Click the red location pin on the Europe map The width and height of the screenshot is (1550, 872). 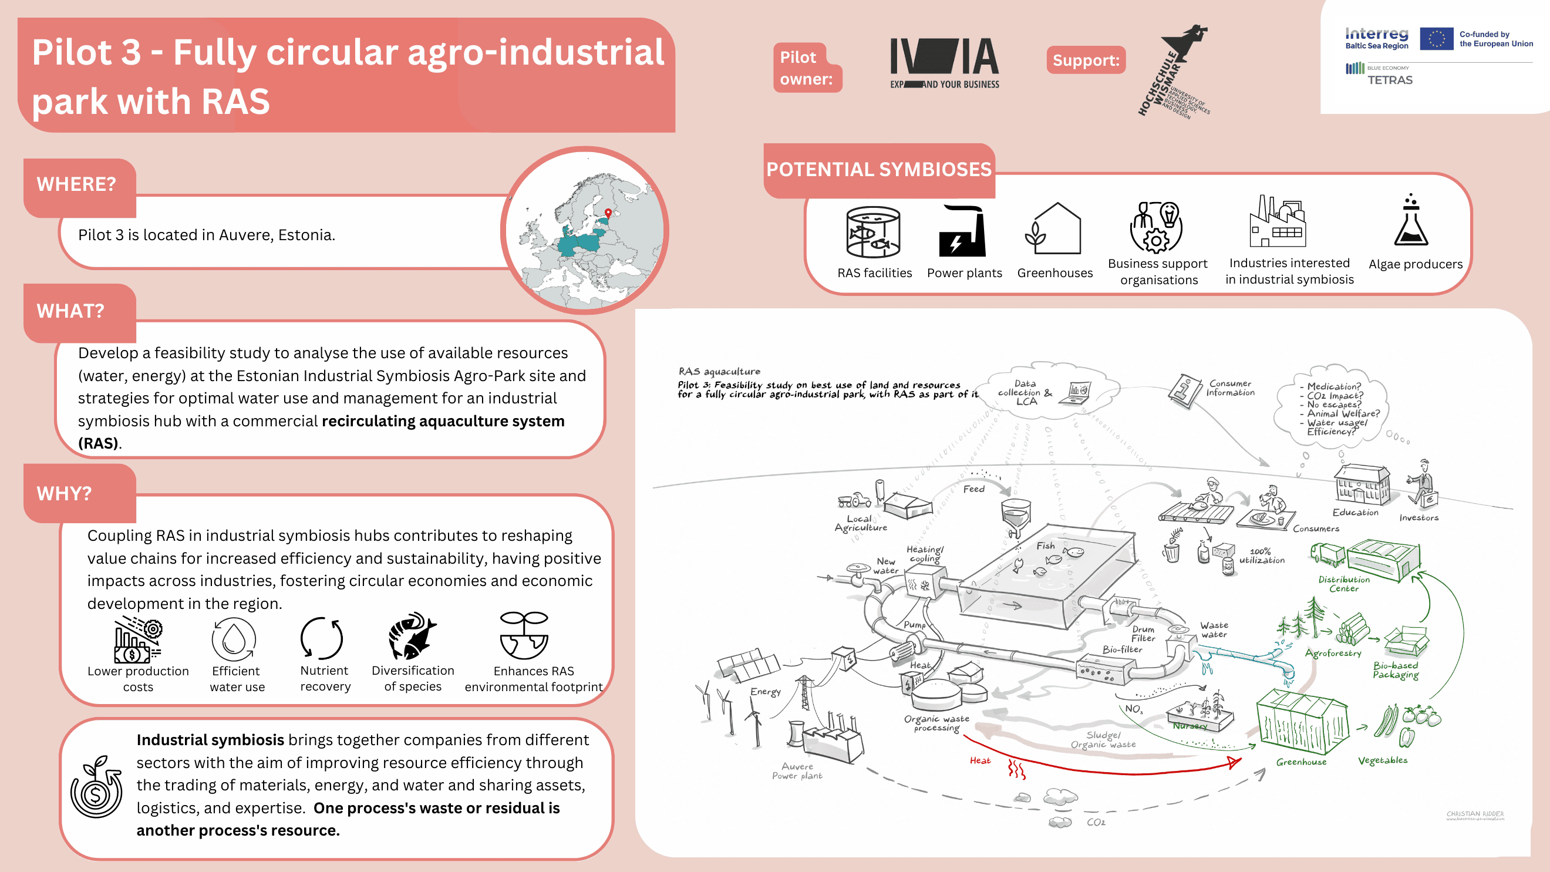608,213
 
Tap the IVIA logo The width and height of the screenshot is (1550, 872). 944,63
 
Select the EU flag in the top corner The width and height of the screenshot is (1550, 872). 1436,39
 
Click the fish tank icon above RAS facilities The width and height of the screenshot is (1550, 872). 873,232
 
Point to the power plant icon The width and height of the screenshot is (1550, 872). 963,232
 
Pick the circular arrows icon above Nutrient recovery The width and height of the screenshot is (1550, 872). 322,638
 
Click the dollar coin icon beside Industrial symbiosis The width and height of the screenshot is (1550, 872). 96,789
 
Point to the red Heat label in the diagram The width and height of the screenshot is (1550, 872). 979,760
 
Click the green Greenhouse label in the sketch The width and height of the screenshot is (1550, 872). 1301,762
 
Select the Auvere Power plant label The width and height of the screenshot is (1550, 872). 797,771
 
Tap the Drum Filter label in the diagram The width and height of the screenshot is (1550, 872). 1143,633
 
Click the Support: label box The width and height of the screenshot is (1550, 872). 1086,60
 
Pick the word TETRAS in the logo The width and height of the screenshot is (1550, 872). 1390,80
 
